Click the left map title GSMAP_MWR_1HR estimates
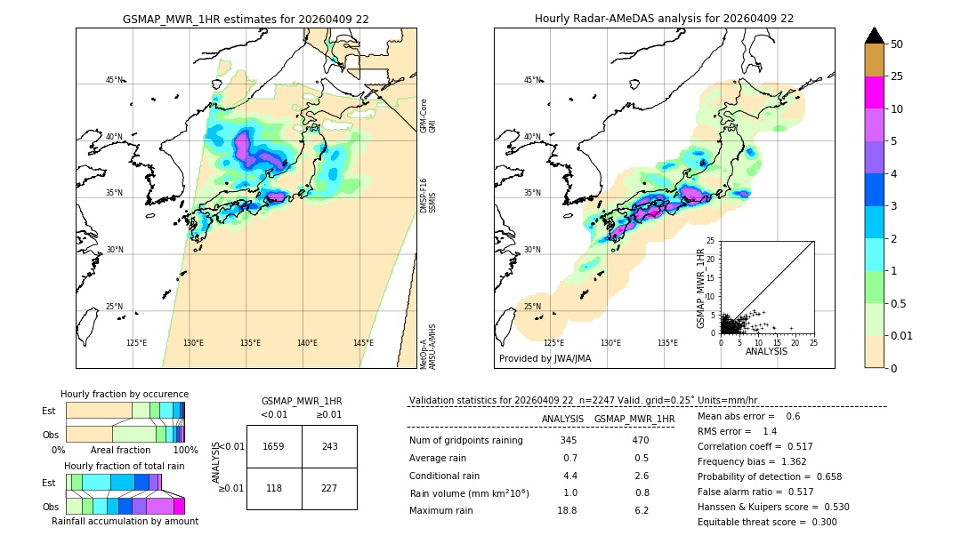(246, 19)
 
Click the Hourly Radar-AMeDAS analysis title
(664, 19)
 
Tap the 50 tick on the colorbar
(897, 44)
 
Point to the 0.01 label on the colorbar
(901, 335)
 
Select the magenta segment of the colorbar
(875, 92)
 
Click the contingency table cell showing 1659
(274, 446)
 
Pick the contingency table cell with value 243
(329, 446)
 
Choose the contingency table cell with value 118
(274, 488)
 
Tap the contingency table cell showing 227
(329, 488)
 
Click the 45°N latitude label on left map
(114, 80)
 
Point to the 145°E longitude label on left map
(363, 343)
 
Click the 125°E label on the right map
(553, 343)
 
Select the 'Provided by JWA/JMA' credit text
(545, 359)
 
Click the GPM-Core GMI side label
(428, 116)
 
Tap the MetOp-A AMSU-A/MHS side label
(428, 346)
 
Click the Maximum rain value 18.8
(567, 510)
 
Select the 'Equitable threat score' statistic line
(767, 522)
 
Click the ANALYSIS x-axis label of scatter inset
(766, 351)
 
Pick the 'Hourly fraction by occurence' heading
(125, 394)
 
